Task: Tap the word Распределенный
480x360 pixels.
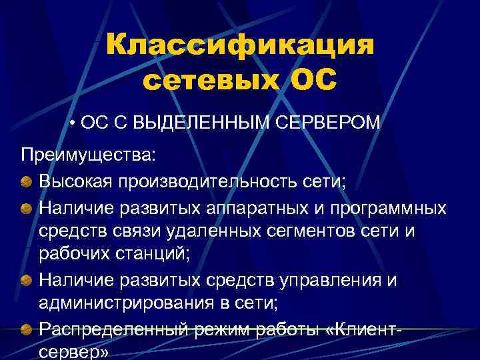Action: pyautogui.click(x=113, y=329)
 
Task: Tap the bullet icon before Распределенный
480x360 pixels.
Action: pyautogui.click(x=25, y=330)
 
